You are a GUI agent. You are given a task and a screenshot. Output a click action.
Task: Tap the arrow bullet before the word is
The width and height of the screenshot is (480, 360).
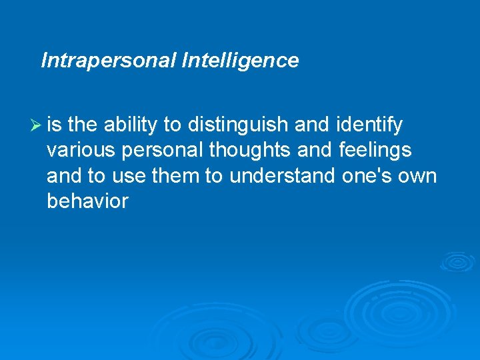click(36, 125)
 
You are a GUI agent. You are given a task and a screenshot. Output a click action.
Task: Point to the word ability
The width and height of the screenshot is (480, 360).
click(130, 125)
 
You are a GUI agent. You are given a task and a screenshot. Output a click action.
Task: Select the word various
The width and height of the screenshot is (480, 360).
click(79, 150)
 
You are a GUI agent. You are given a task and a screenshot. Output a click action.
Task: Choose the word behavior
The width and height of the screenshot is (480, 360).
click(87, 201)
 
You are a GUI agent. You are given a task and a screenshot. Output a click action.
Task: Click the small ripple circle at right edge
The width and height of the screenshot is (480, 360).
click(457, 261)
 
